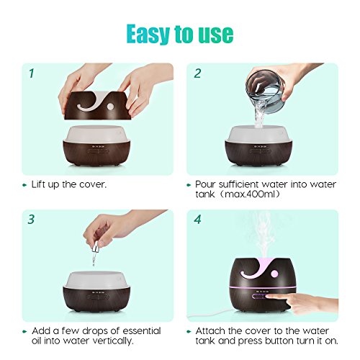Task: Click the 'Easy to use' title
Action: [x=180, y=34]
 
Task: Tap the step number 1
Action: [x=32, y=73]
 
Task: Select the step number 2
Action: [x=197, y=73]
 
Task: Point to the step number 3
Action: [x=31, y=219]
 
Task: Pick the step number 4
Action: [x=197, y=220]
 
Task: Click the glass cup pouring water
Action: [x=266, y=89]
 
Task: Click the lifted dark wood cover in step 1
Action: [x=97, y=106]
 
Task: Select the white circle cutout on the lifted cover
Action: [x=110, y=107]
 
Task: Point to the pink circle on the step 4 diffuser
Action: [x=274, y=274]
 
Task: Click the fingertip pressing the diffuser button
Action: [x=269, y=297]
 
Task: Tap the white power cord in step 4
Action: [x=209, y=315]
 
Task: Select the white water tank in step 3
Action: [x=96, y=280]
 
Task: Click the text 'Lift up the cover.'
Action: [x=69, y=184]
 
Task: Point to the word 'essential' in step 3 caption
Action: [x=142, y=330]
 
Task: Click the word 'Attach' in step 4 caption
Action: [x=210, y=330]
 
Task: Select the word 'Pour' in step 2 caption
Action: [x=205, y=184]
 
